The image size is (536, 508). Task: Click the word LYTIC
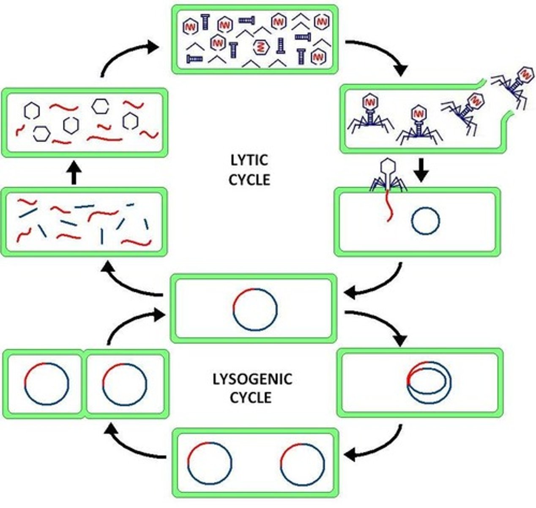coord(249,161)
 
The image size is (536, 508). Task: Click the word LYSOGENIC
coord(252,378)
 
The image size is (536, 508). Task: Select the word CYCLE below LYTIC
coord(249,179)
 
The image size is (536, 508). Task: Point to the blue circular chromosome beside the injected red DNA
coord(426,221)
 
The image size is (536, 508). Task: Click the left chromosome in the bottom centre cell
coord(210,464)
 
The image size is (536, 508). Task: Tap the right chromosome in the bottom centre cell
coord(303,464)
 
